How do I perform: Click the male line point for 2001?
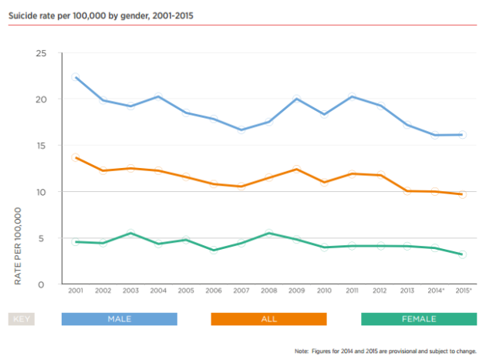[x=76, y=77]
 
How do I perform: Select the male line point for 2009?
[x=296, y=99]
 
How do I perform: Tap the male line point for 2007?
[x=241, y=130]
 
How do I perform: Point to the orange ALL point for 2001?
[x=76, y=157]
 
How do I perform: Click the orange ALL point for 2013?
[x=407, y=190]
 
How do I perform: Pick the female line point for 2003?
[x=131, y=233]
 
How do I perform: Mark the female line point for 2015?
[x=462, y=254]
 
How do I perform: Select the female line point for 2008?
[x=268, y=233]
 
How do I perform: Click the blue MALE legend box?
[x=120, y=319]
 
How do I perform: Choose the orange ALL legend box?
[x=268, y=319]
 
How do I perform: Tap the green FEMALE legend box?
[x=419, y=319]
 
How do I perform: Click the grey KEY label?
[x=22, y=319]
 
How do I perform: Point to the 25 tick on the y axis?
[x=41, y=53]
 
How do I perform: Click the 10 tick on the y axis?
[x=41, y=192]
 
